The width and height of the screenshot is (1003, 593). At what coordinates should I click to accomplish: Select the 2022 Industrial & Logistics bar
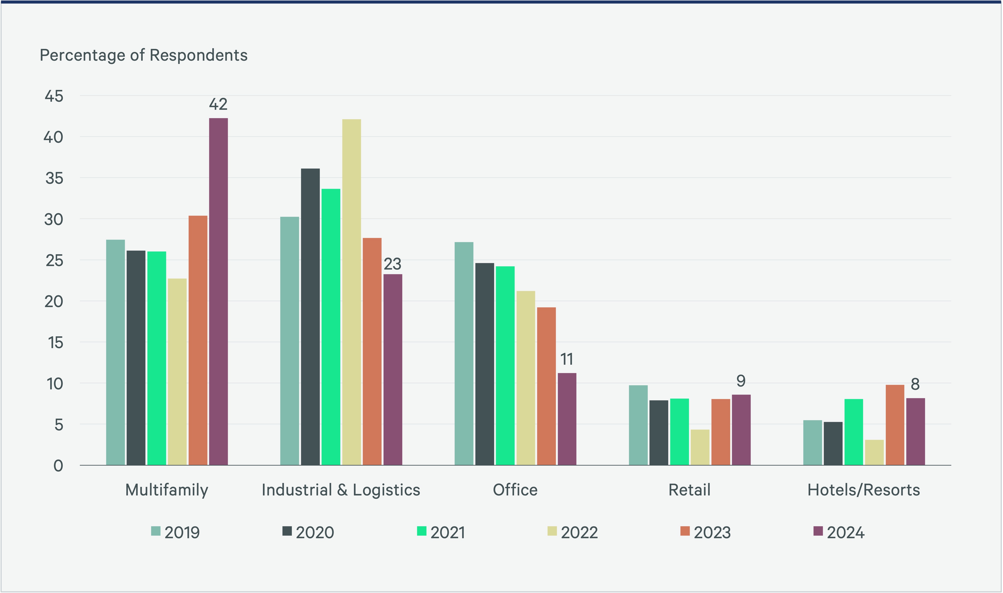coord(351,292)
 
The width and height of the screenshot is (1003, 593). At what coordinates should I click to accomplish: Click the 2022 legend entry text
coord(579,533)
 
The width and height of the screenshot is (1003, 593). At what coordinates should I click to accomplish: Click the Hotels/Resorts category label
coord(864,490)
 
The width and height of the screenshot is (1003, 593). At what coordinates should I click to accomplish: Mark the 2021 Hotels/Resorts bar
coord(854,432)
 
